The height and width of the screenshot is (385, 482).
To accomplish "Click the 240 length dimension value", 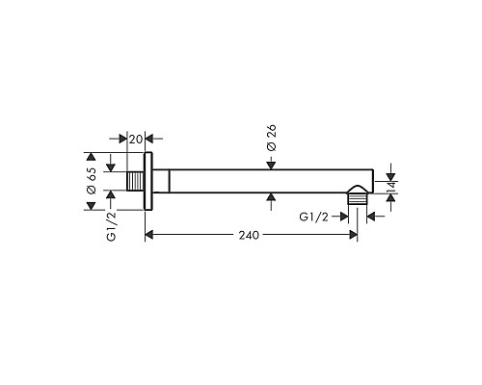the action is pos(249,235).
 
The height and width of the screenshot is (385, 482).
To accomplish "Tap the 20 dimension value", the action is pos(135,140).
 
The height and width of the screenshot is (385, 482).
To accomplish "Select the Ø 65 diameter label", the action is pos(92,181).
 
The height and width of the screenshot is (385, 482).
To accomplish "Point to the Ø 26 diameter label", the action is pos(272,138).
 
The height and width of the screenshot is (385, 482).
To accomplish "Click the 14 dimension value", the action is pos(391,187).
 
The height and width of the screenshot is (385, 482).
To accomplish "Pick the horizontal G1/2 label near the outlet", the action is pos(313,218).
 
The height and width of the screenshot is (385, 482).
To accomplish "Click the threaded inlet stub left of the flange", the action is pos(135,181).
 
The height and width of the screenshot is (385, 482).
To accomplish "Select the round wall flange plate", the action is pos(148,181).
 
